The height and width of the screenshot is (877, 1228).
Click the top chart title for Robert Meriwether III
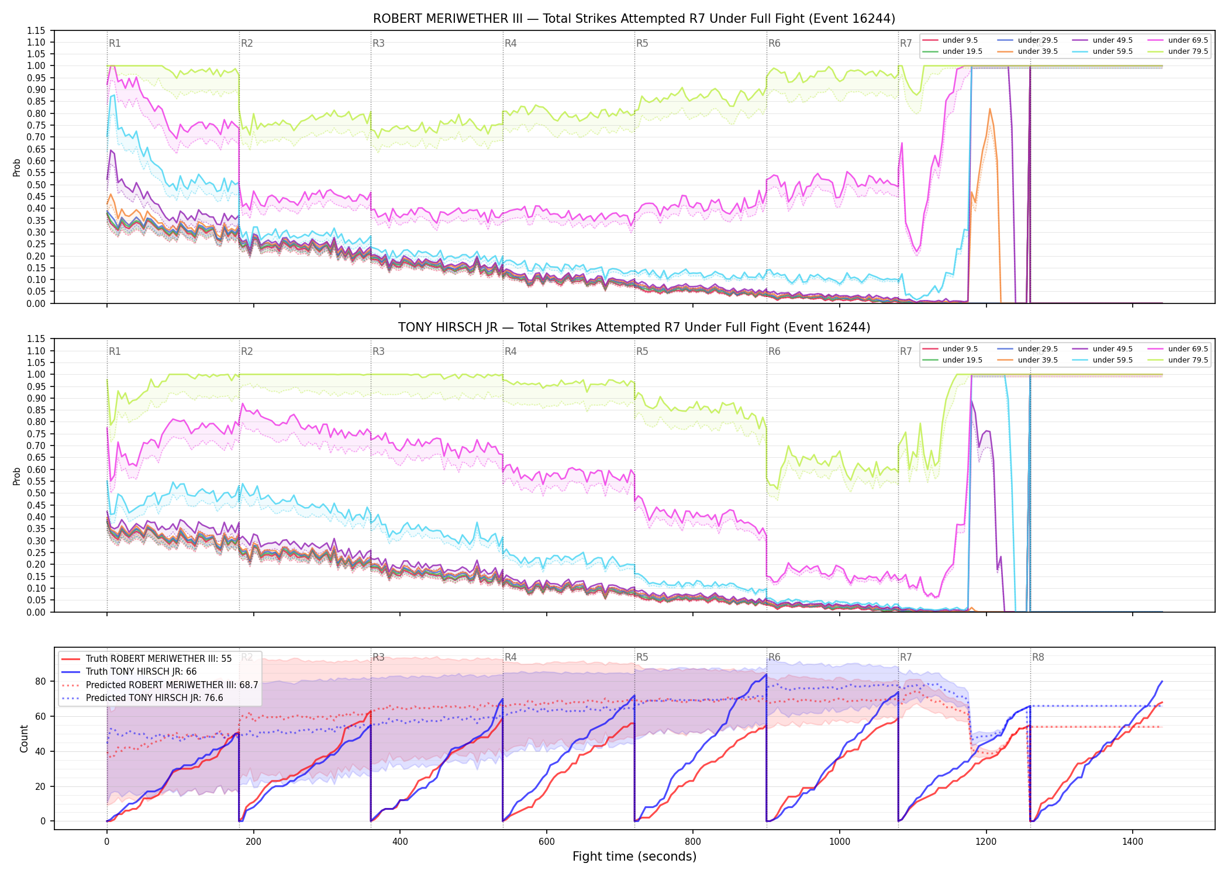634,19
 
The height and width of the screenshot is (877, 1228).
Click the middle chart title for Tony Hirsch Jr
634,327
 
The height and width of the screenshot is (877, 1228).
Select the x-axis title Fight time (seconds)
634,857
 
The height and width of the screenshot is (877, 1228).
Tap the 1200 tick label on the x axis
986,842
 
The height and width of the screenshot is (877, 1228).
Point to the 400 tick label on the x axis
400,842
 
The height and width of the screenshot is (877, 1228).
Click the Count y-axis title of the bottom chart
24,738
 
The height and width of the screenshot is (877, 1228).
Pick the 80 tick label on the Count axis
40,681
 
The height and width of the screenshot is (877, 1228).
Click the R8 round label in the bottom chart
1038,657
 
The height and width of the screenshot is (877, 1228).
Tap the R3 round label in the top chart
378,43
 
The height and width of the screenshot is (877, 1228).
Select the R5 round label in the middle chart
642,351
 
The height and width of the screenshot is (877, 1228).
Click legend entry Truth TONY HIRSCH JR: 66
141,672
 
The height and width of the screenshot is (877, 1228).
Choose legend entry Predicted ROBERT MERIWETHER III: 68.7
160,685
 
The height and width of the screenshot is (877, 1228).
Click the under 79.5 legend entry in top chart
1178,51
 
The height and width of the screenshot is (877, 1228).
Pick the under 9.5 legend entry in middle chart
950,349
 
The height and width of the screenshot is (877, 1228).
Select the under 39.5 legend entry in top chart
1028,51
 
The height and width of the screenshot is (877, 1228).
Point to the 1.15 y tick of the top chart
37,30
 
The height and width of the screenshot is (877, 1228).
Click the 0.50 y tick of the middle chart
37,493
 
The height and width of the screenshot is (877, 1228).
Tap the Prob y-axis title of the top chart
17,167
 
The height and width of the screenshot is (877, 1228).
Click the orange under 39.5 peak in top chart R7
990,109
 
